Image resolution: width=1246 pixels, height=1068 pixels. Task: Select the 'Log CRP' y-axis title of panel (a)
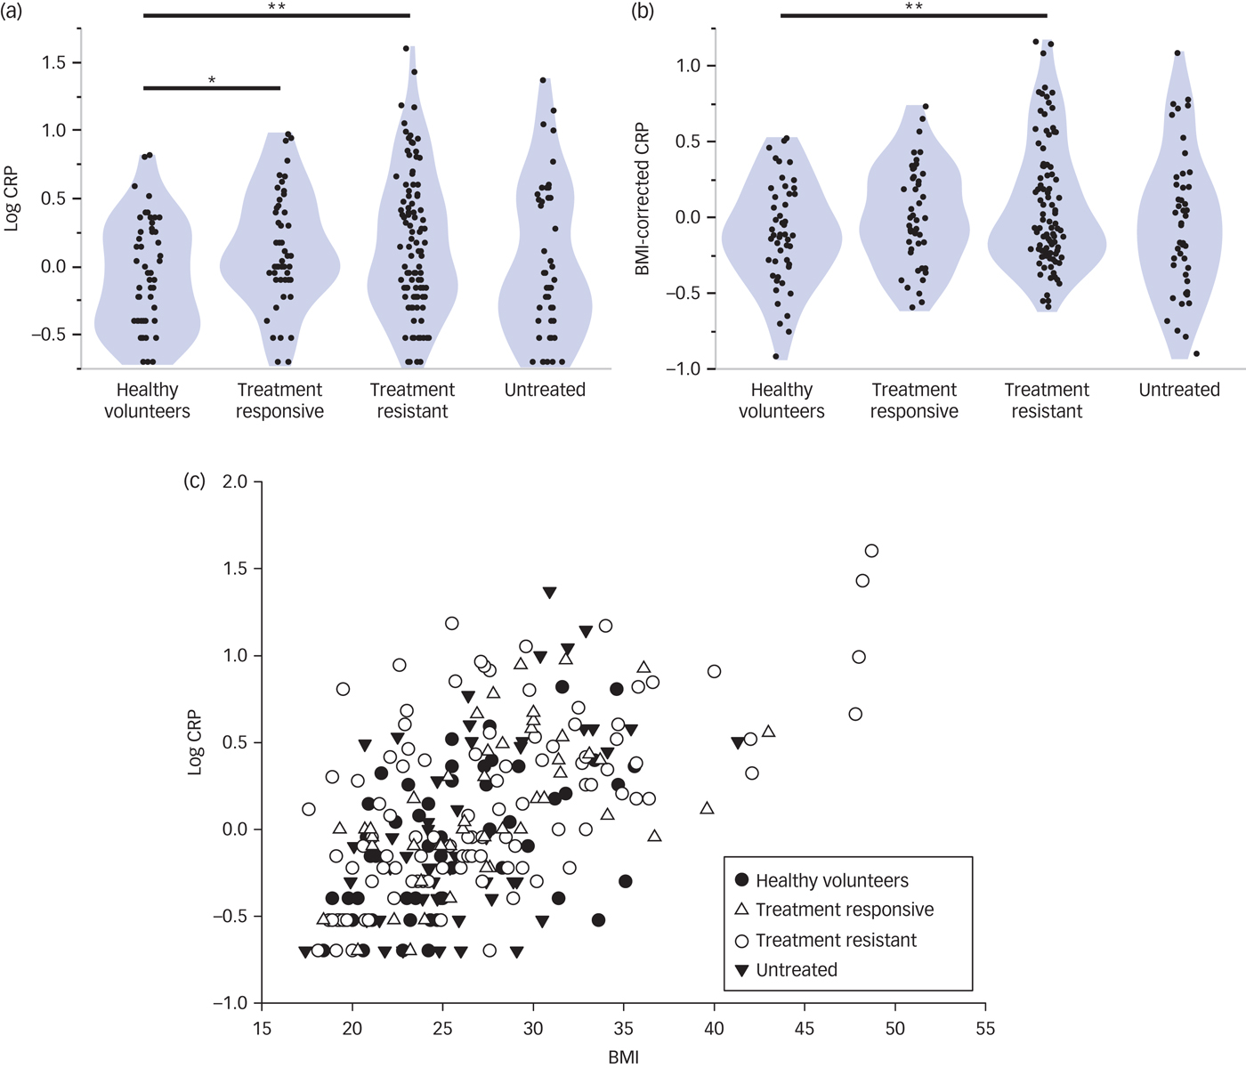pos(12,198)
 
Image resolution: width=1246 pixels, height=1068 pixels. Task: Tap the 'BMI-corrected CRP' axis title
pos(643,198)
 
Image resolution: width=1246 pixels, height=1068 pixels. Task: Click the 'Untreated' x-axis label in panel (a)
pos(545,390)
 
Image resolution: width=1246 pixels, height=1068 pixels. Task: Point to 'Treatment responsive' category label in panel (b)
pos(914,400)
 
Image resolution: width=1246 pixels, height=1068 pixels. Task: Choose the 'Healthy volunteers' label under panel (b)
pos(781,400)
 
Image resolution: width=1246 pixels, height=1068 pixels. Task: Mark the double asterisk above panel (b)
pos(913,8)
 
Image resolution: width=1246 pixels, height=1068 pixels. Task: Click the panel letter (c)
pos(194,481)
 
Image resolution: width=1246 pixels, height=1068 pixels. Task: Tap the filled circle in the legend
pos(741,880)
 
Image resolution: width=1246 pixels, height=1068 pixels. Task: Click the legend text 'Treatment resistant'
pos(836,940)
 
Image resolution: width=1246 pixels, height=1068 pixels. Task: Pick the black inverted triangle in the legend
pos(741,970)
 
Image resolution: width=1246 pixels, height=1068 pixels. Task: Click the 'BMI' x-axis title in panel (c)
pos(623,1056)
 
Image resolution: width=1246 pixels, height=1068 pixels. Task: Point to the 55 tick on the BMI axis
pos(984,1029)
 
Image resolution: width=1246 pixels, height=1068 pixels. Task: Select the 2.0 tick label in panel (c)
pos(236,481)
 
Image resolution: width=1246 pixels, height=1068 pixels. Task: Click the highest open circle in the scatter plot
pos(871,551)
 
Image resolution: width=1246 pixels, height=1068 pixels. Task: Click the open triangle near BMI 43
pos(769,732)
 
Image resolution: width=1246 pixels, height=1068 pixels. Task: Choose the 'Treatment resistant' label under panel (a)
pos(412,400)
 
